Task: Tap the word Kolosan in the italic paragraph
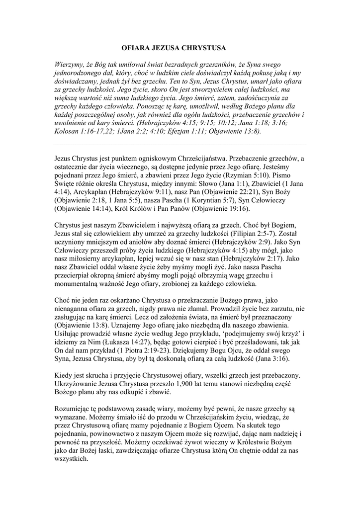tap(68, 132)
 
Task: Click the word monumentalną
tap(80, 284)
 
